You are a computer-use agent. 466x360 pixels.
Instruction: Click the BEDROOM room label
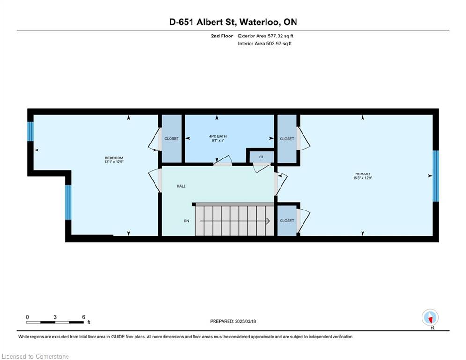(114, 158)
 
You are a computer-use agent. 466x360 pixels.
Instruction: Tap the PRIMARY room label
(362, 174)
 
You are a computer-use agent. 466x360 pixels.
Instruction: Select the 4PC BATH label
(218, 136)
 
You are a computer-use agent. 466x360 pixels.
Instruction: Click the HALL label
(181, 186)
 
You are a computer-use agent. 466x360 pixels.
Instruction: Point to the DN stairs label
(186, 221)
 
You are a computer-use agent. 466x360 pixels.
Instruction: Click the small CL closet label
(261, 157)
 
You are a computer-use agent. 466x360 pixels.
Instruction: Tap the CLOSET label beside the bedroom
(171, 139)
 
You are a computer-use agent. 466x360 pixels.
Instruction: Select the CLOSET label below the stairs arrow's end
(287, 221)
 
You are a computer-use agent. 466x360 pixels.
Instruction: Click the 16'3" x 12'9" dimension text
(362, 178)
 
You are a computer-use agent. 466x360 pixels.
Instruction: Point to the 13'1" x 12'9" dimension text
(114, 162)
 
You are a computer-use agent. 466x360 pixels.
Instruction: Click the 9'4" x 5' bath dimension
(218, 141)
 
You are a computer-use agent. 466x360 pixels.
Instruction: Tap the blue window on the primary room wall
(436, 176)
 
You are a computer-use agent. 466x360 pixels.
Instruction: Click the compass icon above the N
(430, 317)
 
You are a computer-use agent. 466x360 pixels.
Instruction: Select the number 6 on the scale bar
(83, 317)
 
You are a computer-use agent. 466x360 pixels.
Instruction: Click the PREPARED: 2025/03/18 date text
(233, 321)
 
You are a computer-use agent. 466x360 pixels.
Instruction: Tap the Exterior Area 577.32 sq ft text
(266, 36)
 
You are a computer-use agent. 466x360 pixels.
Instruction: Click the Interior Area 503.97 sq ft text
(265, 44)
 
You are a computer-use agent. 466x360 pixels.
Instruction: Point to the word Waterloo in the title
(259, 22)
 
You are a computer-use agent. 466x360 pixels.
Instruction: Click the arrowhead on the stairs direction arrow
(268, 221)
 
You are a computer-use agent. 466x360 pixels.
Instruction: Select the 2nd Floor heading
(222, 36)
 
